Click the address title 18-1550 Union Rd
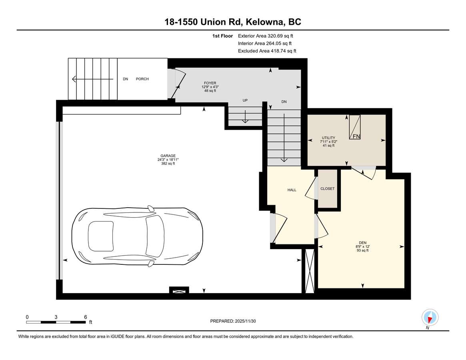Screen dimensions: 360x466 click(x=233, y=22)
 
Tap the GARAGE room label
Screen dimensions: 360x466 click(x=168, y=156)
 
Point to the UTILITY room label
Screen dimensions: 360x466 click(x=328, y=138)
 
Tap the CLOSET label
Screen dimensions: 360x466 click(x=327, y=188)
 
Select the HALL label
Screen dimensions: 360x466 click(x=292, y=190)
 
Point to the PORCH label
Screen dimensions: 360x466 click(x=142, y=79)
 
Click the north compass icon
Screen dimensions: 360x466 click(x=430, y=318)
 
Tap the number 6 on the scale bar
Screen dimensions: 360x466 click(x=85, y=317)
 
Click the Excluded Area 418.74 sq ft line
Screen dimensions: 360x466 click(x=267, y=51)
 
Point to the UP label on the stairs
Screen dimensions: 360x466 click(x=245, y=101)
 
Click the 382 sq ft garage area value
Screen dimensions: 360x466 click(x=168, y=164)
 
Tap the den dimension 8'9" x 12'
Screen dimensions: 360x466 click(x=363, y=247)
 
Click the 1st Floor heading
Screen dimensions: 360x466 click(x=222, y=36)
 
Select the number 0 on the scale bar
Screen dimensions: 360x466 click(x=27, y=317)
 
